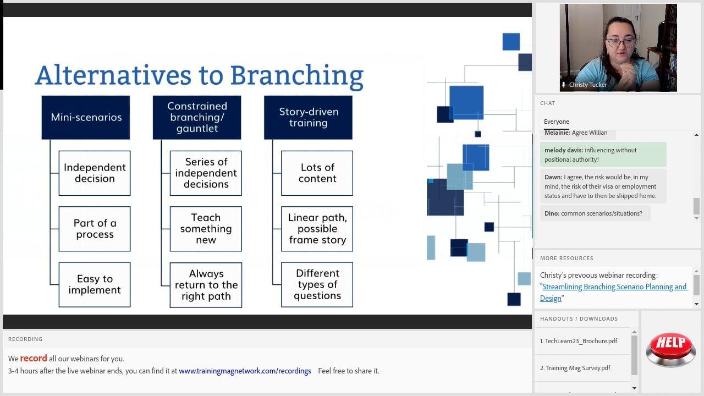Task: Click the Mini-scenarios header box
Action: (86, 117)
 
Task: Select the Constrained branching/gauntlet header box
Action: (197, 117)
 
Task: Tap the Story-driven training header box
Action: (308, 117)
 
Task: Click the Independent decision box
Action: (95, 173)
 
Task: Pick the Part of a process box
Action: (95, 229)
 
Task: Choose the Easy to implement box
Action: (95, 284)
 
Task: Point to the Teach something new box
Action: (206, 229)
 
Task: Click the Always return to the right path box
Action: (206, 285)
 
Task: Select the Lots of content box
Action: (317, 173)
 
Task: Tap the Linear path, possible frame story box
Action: (317, 229)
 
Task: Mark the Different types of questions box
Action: (317, 284)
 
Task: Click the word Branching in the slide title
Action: (296, 76)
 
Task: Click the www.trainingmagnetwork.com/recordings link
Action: (245, 371)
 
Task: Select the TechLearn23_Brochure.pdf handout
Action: (581, 341)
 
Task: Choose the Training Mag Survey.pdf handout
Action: (577, 368)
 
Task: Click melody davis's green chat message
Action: (603, 155)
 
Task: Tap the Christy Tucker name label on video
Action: (588, 85)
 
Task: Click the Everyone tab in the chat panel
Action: (557, 122)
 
